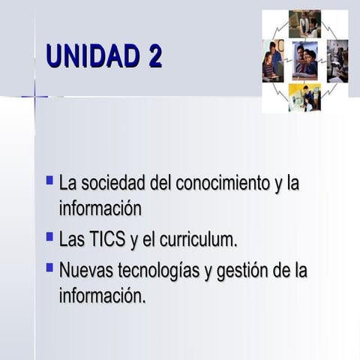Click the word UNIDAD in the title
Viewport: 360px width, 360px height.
point(91,57)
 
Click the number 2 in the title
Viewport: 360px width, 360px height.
point(154,57)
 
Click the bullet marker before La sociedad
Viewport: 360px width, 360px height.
point(49,181)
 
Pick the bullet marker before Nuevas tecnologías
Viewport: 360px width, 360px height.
point(49,266)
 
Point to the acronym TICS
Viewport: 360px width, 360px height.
point(108,240)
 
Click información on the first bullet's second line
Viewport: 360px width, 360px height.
point(100,208)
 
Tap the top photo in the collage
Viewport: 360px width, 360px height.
point(304,23)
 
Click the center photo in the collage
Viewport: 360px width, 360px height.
point(304,61)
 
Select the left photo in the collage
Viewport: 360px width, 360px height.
point(273,61)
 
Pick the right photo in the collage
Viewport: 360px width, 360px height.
point(337,61)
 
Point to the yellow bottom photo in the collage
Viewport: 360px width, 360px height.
point(304,97)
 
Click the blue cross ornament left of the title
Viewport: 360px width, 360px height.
point(34,97)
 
